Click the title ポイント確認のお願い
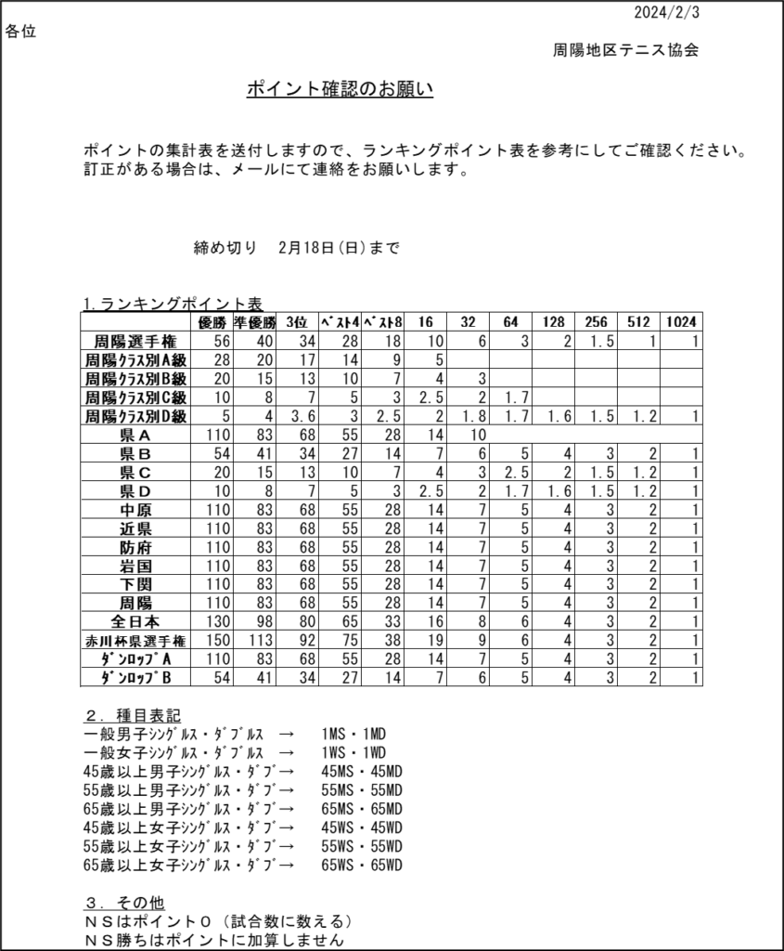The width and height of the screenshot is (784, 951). [340, 89]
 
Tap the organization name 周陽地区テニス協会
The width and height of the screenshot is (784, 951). [625, 50]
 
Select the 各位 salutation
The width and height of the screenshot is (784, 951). [20, 32]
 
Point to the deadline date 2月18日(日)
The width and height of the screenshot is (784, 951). [321, 248]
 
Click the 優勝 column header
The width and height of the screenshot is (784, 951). [212, 322]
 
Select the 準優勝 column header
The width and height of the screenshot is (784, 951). [253, 322]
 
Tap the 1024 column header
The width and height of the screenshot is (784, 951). [681, 322]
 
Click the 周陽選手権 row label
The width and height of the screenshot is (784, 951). [135, 341]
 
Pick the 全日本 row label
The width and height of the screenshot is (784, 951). [135, 621]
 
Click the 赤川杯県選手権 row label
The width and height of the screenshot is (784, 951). [135, 641]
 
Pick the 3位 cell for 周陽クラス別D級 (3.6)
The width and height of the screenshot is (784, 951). [299, 416]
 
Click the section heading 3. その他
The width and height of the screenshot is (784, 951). [124, 903]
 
